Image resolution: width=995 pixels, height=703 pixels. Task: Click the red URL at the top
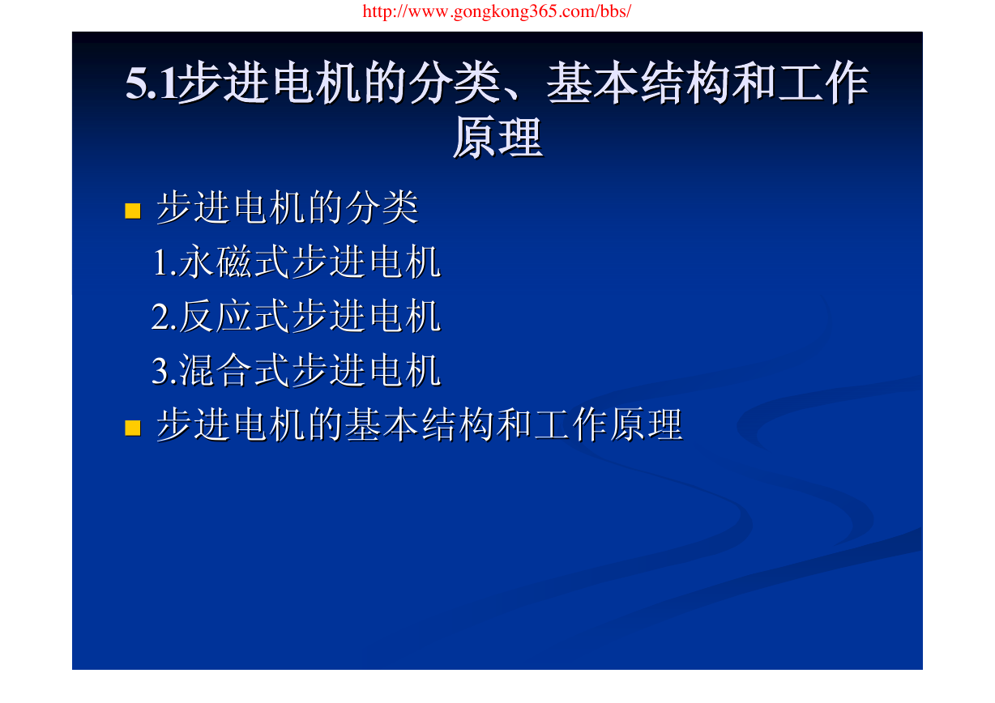497,11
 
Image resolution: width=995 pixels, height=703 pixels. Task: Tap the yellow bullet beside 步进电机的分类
133,211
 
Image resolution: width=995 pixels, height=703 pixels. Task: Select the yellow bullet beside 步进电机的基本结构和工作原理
133,428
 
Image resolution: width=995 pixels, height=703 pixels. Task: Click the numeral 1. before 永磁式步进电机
164,263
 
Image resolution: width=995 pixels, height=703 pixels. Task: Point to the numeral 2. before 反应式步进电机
164,317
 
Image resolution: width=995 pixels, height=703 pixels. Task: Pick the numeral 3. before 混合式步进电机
164,371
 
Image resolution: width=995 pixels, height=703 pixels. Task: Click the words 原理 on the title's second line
498,138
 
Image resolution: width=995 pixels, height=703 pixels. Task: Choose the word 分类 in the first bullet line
382,208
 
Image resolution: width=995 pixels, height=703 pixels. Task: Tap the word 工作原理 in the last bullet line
609,425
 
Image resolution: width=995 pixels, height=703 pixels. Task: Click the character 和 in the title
754,83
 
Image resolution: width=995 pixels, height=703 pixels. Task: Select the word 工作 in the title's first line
823,83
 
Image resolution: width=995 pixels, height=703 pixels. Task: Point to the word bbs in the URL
613,11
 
